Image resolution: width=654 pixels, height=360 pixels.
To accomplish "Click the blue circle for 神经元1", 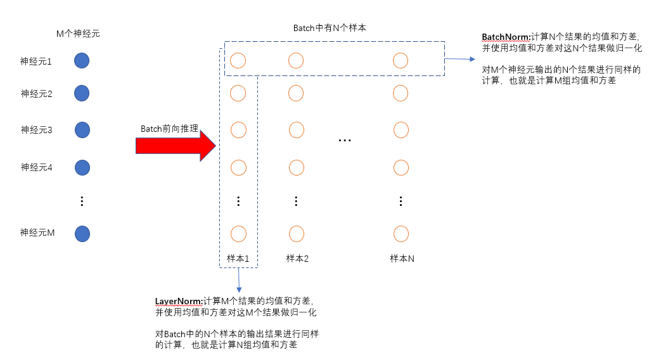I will (82, 61).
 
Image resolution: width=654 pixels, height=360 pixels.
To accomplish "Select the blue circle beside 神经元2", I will (82, 93).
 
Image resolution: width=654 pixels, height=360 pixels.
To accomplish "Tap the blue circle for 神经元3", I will (82, 130).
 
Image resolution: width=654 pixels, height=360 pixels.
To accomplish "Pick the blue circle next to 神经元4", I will (82, 167).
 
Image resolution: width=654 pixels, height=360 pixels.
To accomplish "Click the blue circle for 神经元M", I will (82, 233).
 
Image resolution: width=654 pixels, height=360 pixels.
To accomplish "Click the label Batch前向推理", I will (169, 129).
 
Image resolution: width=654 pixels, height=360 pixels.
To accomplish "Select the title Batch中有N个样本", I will (329, 29).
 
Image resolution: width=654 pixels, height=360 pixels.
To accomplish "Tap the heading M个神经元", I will (78, 34).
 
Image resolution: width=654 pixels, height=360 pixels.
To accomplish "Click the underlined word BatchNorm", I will (505, 37).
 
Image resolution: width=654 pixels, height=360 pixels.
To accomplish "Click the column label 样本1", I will (238, 259).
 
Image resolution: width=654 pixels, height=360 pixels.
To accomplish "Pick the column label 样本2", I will (297, 259).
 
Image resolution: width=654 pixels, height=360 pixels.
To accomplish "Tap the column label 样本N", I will (402, 259).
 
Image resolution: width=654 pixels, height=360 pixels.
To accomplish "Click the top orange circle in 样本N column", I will (401, 60).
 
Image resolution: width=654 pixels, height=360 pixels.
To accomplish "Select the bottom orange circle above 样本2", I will (296, 233).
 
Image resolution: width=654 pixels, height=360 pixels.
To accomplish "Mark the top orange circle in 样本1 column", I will (238, 60).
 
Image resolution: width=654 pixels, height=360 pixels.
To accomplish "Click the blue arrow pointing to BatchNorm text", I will (459, 59).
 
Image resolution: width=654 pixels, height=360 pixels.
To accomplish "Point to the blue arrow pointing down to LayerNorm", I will (239, 279).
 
